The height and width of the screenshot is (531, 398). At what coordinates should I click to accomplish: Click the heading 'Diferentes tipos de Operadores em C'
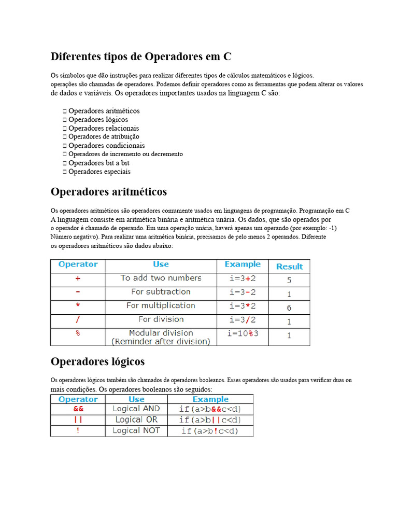pyautogui.click(x=145, y=57)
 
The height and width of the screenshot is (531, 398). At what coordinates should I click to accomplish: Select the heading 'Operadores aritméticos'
pyautogui.click(x=109, y=192)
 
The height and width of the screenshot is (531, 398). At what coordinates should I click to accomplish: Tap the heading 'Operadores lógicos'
pyautogui.click(x=97, y=361)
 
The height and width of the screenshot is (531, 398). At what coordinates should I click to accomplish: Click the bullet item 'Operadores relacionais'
pyautogui.click(x=104, y=128)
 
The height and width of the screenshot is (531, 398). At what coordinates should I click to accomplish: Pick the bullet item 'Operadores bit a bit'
pyautogui.click(x=99, y=163)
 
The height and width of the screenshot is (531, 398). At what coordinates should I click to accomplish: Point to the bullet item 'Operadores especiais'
pyautogui.click(x=99, y=172)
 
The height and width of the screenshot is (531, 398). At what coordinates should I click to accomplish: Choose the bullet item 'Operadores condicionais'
pyautogui.click(x=107, y=146)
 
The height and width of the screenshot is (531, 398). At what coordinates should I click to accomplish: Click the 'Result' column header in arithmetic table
pyautogui.click(x=289, y=267)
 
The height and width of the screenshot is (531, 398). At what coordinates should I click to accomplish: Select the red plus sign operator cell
pyautogui.click(x=78, y=278)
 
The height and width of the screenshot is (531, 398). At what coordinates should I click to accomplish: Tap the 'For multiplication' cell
pyautogui.click(x=161, y=305)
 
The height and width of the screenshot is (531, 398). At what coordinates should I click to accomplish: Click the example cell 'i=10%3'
pyautogui.click(x=242, y=333)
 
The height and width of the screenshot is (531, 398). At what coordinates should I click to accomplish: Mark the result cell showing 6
pyautogui.click(x=289, y=308)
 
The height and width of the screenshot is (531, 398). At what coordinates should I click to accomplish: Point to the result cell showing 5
pyautogui.click(x=289, y=280)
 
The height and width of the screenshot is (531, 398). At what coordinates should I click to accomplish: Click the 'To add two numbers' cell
pyautogui.click(x=161, y=278)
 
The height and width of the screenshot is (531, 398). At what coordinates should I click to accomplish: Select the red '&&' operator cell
pyautogui.click(x=78, y=409)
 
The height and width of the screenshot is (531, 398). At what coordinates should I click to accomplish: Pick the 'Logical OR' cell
pyautogui.click(x=136, y=420)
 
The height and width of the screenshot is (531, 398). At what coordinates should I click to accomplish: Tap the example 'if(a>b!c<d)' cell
pyautogui.click(x=210, y=431)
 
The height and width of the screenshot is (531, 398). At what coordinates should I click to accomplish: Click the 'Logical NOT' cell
pyautogui.click(x=136, y=430)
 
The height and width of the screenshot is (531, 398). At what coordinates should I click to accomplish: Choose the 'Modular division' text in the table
pyautogui.click(x=161, y=333)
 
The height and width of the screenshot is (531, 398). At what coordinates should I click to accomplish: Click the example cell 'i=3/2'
pyautogui.click(x=242, y=319)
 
